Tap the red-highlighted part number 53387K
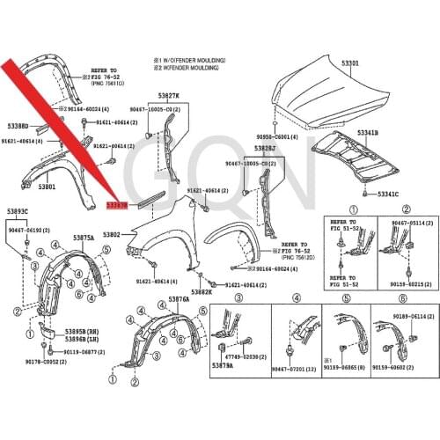click(x=117, y=203)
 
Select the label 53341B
click(x=368, y=133)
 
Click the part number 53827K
click(x=168, y=95)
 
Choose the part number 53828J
click(x=264, y=149)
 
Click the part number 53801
click(x=47, y=187)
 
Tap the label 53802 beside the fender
click(x=111, y=235)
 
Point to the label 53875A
click(x=84, y=238)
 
